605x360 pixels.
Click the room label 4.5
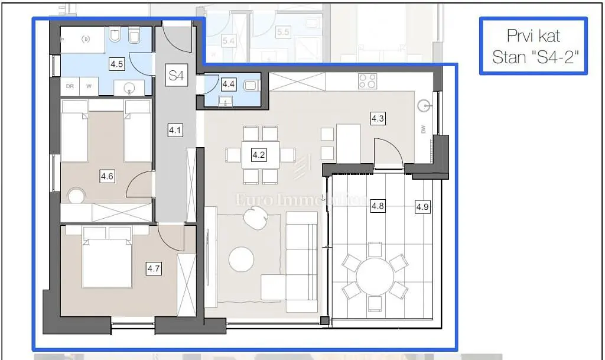pyautogui.click(x=117, y=64)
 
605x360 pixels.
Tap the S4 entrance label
pyautogui.click(x=176, y=76)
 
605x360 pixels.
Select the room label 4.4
pyautogui.click(x=228, y=84)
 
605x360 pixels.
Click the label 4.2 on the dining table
pyautogui.click(x=259, y=155)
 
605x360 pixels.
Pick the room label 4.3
pyautogui.click(x=378, y=119)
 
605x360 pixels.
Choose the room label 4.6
pyautogui.click(x=107, y=176)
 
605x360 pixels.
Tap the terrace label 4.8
pyautogui.click(x=378, y=206)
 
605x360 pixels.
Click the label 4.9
pyautogui.click(x=422, y=207)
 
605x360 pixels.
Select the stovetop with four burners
pyautogui.click(x=367, y=81)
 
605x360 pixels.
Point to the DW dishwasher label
pyautogui.click(x=424, y=131)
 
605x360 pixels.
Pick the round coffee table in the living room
pyautogui.click(x=242, y=258)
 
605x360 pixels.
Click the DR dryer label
pyautogui.click(x=70, y=86)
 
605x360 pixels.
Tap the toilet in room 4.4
pyautogui.click(x=251, y=85)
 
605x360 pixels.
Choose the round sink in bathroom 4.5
pyautogui.click(x=131, y=89)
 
